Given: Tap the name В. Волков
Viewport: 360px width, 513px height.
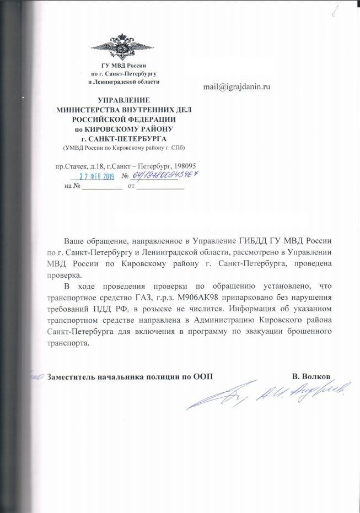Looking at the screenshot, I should click(x=311, y=376).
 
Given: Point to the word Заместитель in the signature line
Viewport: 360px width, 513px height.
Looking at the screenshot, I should click(x=76, y=376).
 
